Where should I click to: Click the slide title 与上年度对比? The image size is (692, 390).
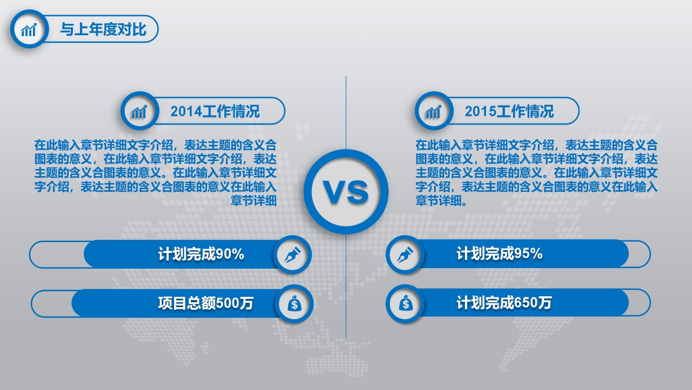(x=103, y=29)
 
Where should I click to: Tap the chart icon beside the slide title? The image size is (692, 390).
(x=29, y=29)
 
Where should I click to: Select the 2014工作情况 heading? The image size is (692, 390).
(x=215, y=112)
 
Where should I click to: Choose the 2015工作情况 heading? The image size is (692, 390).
(x=509, y=112)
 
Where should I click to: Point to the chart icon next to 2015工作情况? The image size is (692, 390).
(x=434, y=112)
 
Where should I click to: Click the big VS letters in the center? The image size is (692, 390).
(x=346, y=192)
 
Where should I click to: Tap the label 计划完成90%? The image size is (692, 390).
(x=201, y=254)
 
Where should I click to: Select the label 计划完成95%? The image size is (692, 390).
(x=500, y=254)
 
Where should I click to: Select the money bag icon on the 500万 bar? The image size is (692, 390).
(x=294, y=304)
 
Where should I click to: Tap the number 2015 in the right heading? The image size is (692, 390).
(x=480, y=112)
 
